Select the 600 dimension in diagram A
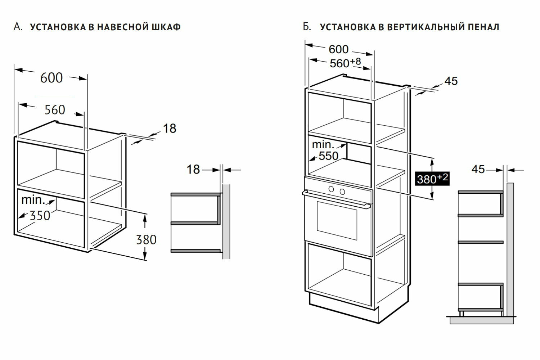[51, 78]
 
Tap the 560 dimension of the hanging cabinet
[55, 110]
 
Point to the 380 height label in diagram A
[146, 239]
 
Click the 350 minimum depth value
[40, 216]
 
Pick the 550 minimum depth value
[328, 156]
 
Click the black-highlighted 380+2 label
[432, 178]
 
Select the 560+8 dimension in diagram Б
[345, 63]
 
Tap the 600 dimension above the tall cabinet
[338, 49]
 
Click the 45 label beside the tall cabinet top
[451, 81]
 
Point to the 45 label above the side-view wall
[478, 169]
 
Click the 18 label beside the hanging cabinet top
[170, 128]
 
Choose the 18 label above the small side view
[193, 169]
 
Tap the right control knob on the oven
[342, 191]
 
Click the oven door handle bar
[337, 200]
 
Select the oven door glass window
[337, 220]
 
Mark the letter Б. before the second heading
[307, 27]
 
